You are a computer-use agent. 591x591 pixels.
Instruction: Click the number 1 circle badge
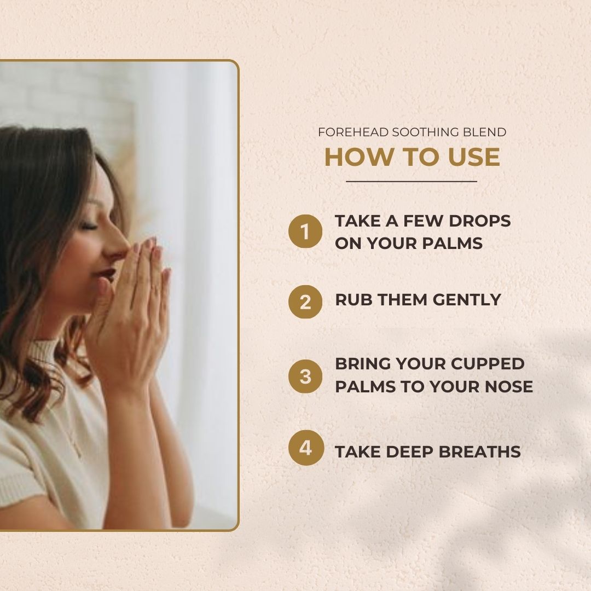pos(305,231)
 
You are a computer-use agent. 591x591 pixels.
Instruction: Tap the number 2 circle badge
pos(305,302)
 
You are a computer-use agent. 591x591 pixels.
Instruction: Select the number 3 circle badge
pos(305,376)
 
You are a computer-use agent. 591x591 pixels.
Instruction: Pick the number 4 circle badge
pos(305,448)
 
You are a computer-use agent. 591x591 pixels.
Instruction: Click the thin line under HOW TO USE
pos(412,181)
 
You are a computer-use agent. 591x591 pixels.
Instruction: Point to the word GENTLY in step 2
pos(467,300)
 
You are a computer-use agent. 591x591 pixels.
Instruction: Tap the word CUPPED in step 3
pos(488,364)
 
